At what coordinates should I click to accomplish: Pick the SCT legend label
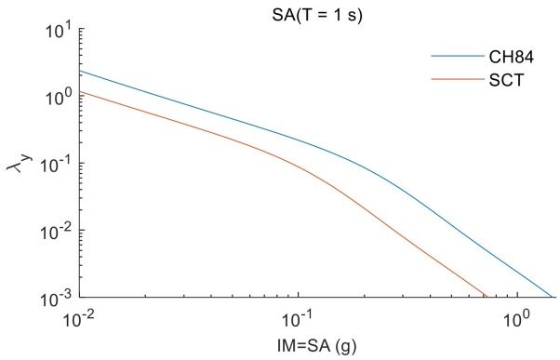[492, 81]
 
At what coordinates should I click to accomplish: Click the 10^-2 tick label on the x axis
[82, 320]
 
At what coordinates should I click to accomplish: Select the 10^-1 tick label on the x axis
[299, 320]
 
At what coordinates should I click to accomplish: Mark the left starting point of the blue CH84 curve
[81, 72]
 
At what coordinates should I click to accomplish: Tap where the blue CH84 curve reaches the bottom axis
[553, 298]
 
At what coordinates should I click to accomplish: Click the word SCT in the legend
[492, 81]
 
